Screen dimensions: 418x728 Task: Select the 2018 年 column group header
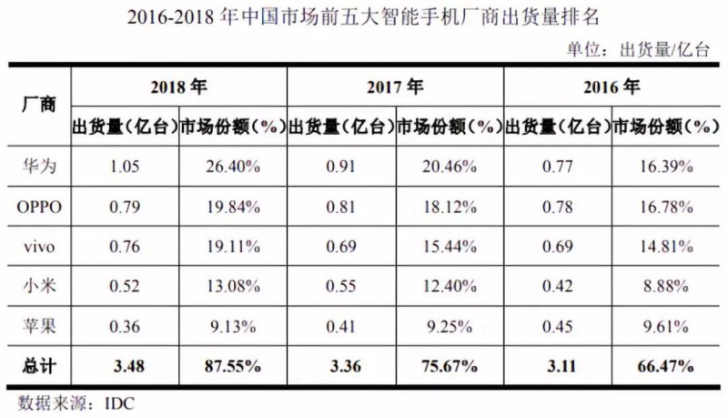(178, 87)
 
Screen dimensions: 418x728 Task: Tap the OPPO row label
(38, 207)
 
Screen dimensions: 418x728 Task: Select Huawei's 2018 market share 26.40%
(232, 166)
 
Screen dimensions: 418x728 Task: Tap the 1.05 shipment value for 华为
(125, 166)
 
